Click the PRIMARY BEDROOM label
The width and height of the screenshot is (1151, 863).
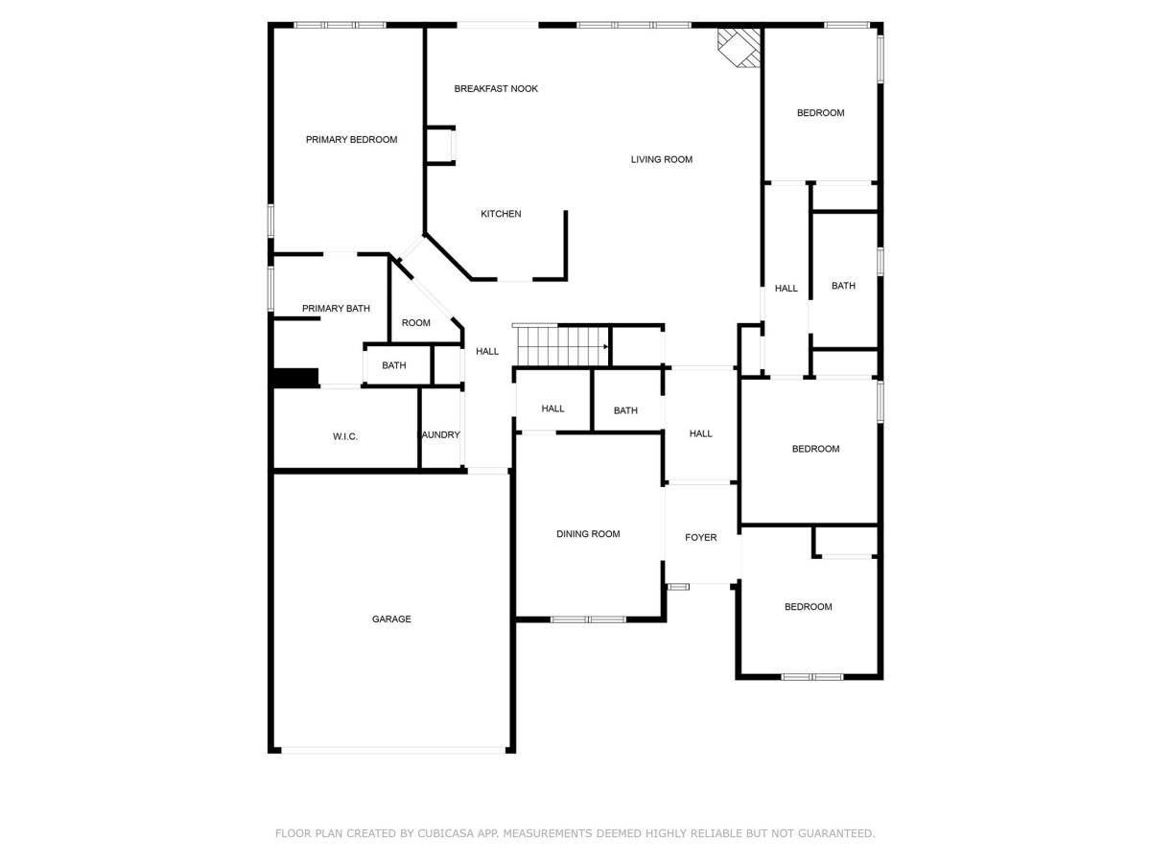point(351,140)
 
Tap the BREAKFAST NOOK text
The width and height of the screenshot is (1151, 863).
point(496,89)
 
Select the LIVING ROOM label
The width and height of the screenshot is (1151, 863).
point(661,160)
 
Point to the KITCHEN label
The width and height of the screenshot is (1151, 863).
point(501,214)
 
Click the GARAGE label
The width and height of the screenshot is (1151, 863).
point(391,619)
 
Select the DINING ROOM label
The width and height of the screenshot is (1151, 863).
point(588,534)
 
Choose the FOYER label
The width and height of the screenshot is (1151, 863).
point(700,538)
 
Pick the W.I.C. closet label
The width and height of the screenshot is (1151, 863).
point(345,436)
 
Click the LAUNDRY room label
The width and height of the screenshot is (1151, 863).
point(440,435)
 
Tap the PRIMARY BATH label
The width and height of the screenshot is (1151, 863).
point(336,309)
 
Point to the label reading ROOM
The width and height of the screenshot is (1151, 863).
point(416,323)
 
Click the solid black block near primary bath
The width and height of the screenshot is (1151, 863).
point(296,378)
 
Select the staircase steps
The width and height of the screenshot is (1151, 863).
point(563,346)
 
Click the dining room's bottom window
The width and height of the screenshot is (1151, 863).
point(588,619)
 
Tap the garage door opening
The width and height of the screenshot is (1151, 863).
point(393,751)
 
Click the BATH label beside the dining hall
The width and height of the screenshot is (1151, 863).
point(625,410)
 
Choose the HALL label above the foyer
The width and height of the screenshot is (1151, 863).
point(700,433)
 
